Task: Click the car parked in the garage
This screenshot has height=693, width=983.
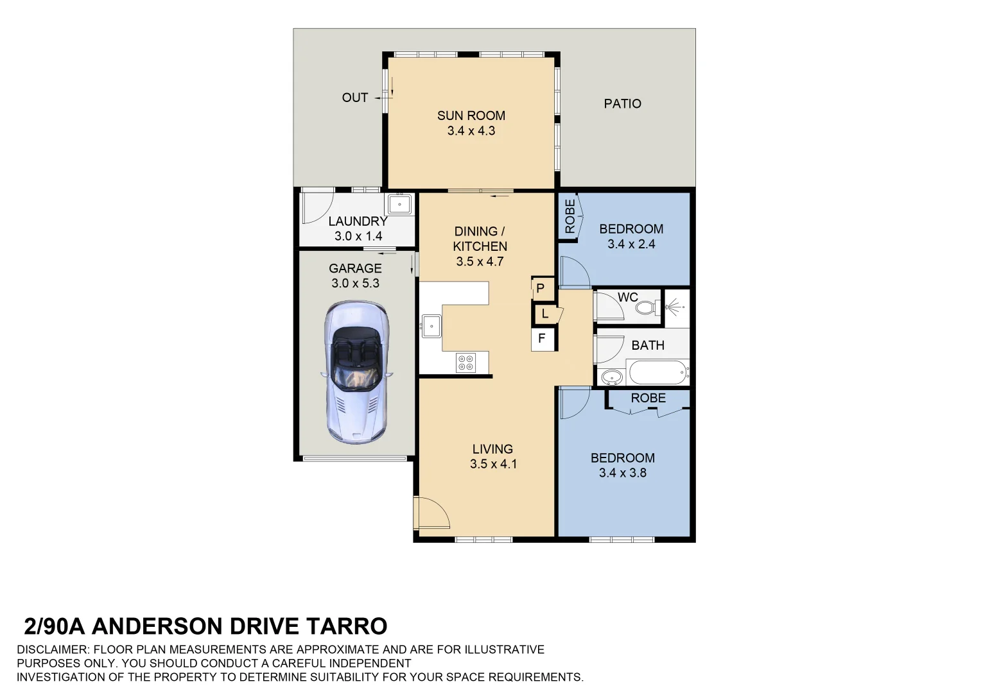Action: tap(356, 372)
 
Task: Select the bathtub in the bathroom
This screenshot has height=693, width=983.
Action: tap(657, 372)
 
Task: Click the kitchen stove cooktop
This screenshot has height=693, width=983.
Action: tap(465, 363)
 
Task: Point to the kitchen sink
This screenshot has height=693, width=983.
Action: tap(431, 325)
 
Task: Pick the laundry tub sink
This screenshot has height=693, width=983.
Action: tap(399, 205)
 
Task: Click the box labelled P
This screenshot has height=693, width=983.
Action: tap(540, 289)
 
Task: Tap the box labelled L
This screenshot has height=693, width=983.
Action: tap(544, 314)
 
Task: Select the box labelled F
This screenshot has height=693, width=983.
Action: tap(542, 338)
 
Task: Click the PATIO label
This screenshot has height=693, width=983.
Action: tap(622, 103)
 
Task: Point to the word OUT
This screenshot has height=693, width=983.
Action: tap(354, 98)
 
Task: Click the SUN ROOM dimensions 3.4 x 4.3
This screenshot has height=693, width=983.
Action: tap(471, 131)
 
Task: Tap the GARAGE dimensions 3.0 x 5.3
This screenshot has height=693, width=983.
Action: tap(355, 283)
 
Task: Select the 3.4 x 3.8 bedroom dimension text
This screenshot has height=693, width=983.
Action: tap(622, 473)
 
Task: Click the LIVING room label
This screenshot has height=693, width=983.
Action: tap(492, 449)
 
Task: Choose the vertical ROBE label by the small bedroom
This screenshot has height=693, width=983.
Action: tap(570, 216)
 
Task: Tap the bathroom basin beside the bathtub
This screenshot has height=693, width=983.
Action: tap(610, 376)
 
